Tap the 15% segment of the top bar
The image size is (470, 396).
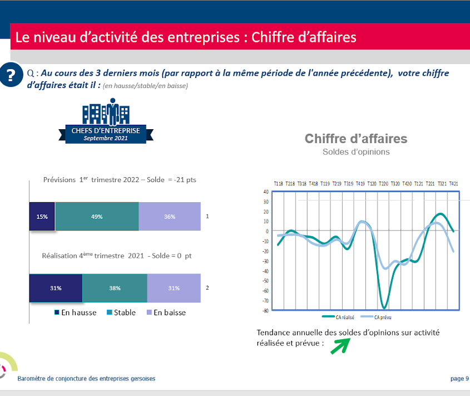(x=42, y=217)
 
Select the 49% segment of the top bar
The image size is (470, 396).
(x=97, y=217)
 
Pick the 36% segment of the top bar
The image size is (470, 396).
(x=170, y=217)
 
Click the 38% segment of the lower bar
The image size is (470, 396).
(x=115, y=288)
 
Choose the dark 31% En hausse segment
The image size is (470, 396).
(x=56, y=288)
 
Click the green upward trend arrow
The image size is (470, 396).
(x=339, y=346)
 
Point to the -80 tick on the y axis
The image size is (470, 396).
(x=265, y=311)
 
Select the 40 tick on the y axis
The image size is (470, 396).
(x=266, y=192)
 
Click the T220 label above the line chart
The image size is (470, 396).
(x=383, y=183)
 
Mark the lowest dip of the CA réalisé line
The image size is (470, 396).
(x=384, y=307)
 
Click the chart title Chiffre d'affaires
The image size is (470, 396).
(x=356, y=139)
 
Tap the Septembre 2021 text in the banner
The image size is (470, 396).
(x=106, y=138)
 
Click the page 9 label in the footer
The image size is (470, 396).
(x=459, y=379)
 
